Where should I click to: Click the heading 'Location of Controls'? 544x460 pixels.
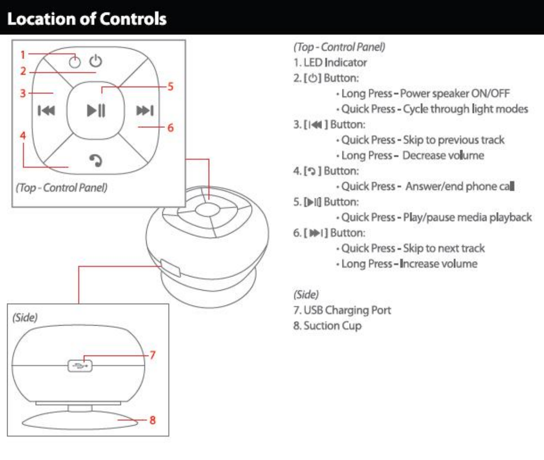click(x=87, y=19)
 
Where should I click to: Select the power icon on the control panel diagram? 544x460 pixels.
click(x=96, y=61)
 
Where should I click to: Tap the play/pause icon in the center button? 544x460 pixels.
click(x=96, y=111)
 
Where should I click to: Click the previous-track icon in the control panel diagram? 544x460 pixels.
click(x=46, y=111)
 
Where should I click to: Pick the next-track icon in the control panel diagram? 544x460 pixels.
click(x=145, y=111)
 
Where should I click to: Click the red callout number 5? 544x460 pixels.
click(x=170, y=87)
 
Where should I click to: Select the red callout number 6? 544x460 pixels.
click(x=171, y=128)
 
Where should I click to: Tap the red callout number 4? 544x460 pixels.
click(x=22, y=135)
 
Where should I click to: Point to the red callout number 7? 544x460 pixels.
click(x=152, y=355)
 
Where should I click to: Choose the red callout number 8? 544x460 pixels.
click(x=152, y=420)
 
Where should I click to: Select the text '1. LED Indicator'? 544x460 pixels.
click(x=330, y=62)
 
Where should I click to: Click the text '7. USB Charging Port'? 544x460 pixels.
click(x=342, y=310)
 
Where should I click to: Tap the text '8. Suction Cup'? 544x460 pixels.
click(x=327, y=326)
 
